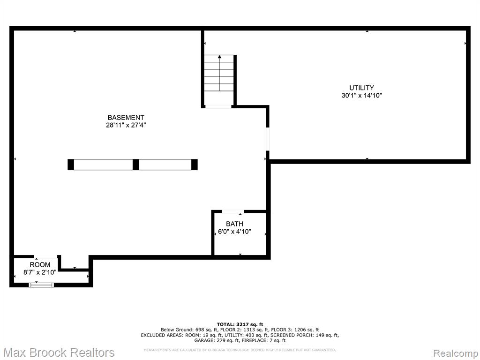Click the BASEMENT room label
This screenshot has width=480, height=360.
coord(126,118)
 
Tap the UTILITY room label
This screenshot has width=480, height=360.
coord(361,88)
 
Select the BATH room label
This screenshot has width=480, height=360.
coord(234,224)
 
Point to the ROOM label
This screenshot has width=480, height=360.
coord(40,264)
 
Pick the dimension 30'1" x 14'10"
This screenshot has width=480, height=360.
coord(361,96)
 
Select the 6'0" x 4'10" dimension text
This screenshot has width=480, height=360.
coord(234,232)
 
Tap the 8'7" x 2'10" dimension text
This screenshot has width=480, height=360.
coord(40,272)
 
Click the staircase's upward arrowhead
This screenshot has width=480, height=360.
coord(219,57)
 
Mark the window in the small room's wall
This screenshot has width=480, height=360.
coord(41,285)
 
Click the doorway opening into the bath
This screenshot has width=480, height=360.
coord(232,211)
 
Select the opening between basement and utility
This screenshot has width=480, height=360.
coord(268,139)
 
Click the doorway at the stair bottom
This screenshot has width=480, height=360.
coord(218,106)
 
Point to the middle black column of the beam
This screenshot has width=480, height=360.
coord(135,165)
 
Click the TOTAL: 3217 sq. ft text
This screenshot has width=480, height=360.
coord(240,324)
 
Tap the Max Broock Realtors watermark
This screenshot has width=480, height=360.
coord(59,352)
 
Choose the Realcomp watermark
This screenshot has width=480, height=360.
coord(456,353)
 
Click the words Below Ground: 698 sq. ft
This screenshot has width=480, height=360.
coord(189,330)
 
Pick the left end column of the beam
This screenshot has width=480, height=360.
coord(71,165)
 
